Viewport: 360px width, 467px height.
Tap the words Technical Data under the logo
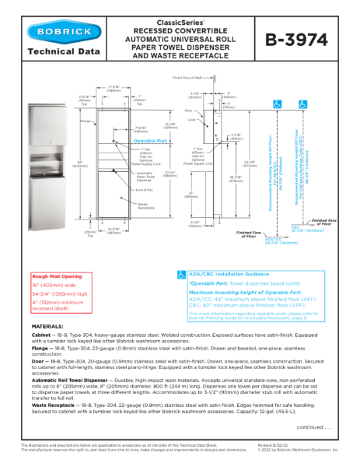tap(64, 52)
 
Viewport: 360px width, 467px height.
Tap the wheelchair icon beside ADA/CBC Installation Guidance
tap(181, 275)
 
